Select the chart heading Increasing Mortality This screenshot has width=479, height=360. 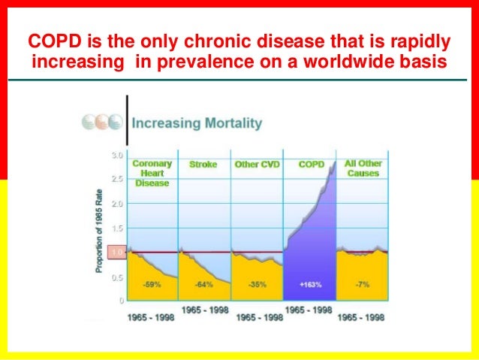click(197, 122)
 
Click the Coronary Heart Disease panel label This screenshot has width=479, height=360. click(152, 172)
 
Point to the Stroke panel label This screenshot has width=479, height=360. click(203, 164)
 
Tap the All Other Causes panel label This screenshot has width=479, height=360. click(362, 168)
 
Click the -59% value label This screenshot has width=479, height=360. click(152, 284)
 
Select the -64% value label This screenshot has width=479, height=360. click(203, 284)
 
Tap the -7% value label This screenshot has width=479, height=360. click(362, 284)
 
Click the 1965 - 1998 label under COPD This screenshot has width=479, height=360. click(309, 310)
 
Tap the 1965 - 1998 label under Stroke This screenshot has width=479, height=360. click(204, 310)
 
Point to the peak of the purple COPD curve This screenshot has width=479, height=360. click(333, 162)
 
